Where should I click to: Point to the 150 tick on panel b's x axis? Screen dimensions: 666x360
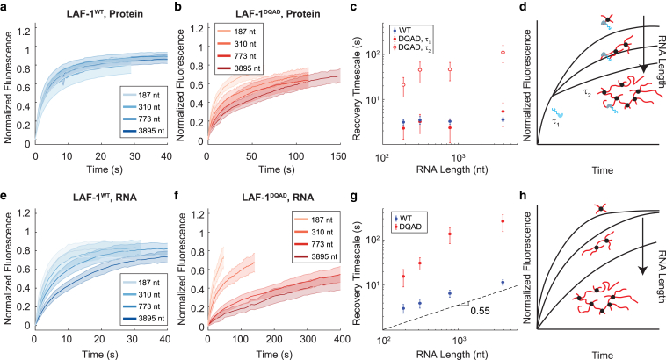pos(338,156)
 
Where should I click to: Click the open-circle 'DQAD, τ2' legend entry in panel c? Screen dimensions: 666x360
pos(410,47)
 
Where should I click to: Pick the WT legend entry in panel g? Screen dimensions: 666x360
pos(403,219)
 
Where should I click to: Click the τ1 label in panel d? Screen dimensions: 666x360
pos(555,121)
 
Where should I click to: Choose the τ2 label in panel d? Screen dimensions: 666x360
pos(587,93)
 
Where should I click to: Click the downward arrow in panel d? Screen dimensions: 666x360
pos(644,44)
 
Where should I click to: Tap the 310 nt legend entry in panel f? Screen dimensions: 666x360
pos(317,232)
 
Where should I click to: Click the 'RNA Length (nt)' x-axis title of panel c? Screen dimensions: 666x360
pos(452,169)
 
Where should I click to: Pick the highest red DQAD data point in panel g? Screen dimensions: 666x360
pos(503,221)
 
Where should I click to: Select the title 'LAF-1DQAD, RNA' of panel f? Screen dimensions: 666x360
pos(278,198)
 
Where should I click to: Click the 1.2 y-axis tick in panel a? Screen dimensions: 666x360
pos(25,31)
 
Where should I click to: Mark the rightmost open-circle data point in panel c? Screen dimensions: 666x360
pos(503,53)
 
